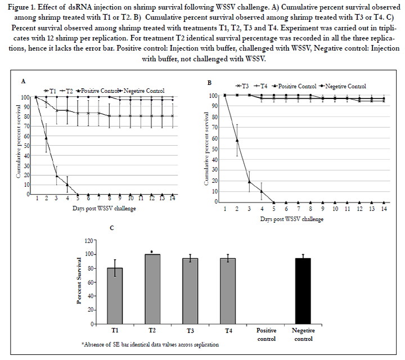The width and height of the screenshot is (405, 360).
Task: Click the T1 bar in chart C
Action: tap(115, 296)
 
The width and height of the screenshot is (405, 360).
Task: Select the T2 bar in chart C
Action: tap(152, 289)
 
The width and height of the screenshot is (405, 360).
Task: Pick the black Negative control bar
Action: tap(303, 291)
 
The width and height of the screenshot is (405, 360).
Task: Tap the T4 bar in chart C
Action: tap(228, 291)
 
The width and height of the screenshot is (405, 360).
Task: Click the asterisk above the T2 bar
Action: tap(152, 252)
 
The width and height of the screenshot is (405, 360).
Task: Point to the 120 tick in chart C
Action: tap(89, 241)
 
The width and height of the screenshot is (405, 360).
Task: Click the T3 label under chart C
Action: tap(190, 331)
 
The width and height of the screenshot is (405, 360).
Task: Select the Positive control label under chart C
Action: tap(266, 335)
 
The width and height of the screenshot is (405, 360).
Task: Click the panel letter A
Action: tap(23, 82)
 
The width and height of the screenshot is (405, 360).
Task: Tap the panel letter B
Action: tap(209, 83)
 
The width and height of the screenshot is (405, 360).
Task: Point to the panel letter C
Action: tap(112, 228)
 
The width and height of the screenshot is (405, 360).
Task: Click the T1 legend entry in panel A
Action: tap(50, 91)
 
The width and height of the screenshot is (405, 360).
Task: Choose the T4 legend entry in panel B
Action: tap(260, 86)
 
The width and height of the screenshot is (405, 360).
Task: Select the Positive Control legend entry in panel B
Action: tap(294, 86)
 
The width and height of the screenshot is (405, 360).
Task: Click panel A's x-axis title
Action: tap(104, 209)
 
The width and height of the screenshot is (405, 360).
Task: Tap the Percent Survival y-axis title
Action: tap(79, 281)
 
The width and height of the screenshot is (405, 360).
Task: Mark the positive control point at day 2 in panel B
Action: tap(237, 140)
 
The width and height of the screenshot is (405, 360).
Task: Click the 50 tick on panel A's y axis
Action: tap(28, 146)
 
